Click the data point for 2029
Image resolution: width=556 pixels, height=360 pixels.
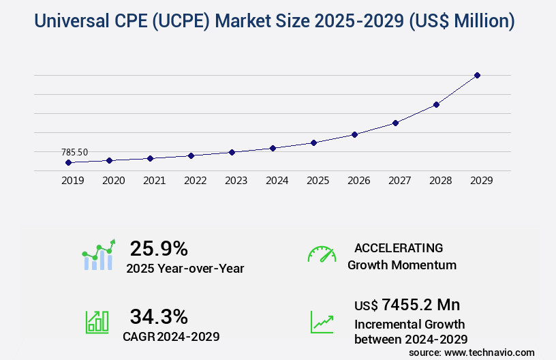477,75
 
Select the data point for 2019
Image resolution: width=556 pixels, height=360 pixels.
68,162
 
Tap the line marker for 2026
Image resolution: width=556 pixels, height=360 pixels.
354,134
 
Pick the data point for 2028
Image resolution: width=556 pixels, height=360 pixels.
436,104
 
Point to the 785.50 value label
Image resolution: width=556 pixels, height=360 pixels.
74,152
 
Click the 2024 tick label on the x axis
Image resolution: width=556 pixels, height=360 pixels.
277,181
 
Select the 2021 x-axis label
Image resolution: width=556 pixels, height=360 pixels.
154,181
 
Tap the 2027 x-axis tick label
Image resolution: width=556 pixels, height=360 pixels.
399,181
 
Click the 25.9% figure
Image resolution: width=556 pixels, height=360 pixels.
159,248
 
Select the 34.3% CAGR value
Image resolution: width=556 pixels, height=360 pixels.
159,316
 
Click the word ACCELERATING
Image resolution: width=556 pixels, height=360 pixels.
399,247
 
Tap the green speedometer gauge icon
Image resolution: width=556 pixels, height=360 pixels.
322,254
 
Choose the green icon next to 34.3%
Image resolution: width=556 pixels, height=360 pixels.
97,322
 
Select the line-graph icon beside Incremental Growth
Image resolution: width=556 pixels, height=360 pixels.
322,322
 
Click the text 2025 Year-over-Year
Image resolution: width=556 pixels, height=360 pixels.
185,269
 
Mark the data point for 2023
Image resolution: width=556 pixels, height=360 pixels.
232,152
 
